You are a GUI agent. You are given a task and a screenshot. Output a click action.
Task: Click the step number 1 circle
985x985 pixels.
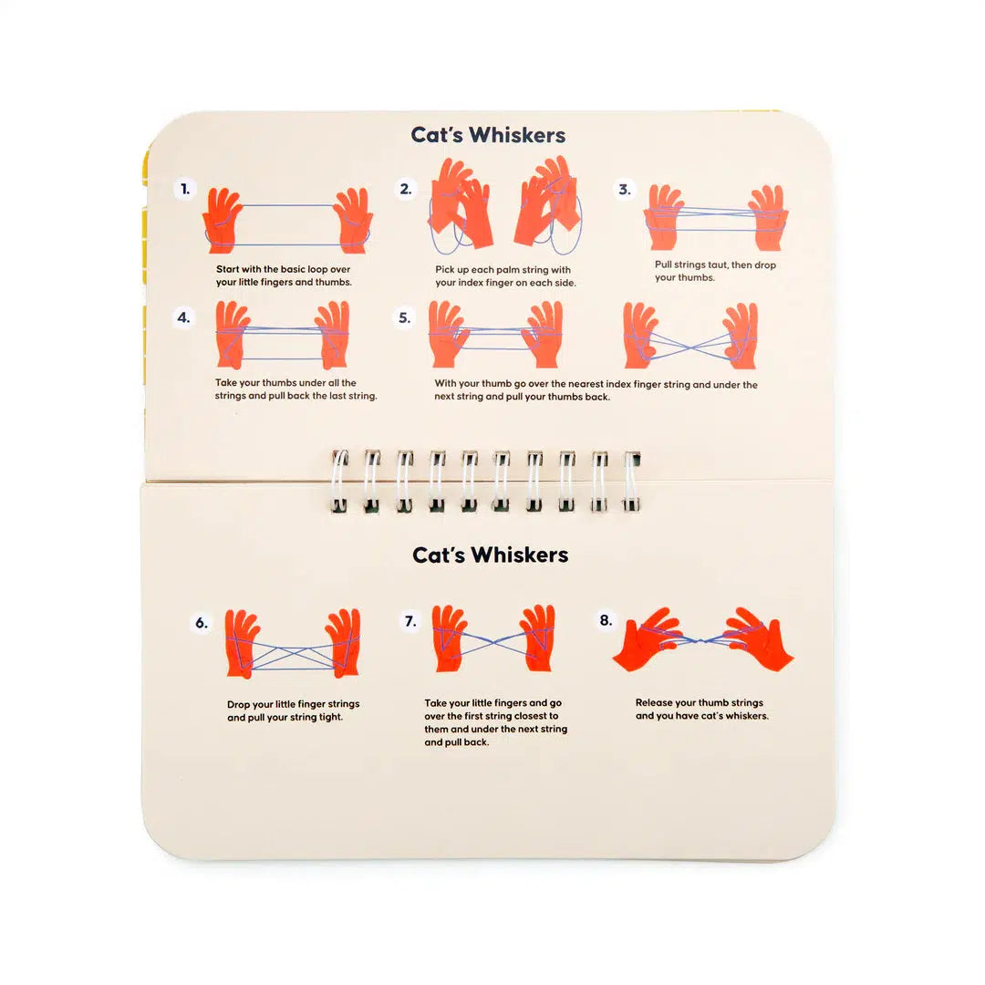click(x=185, y=189)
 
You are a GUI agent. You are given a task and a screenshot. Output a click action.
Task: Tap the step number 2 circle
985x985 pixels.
click(x=406, y=189)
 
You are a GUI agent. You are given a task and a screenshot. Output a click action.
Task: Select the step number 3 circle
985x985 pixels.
click(x=625, y=189)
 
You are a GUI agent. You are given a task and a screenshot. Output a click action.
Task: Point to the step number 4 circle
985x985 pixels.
click(x=184, y=317)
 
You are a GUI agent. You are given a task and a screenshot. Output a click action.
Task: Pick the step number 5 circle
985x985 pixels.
click(x=405, y=317)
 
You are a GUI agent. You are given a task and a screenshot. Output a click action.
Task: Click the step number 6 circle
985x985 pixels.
click(x=201, y=624)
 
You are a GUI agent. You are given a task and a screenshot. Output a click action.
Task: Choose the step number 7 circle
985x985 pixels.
click(x=410, y=622)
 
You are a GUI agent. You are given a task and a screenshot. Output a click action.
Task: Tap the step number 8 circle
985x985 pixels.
click(x=606, y=620)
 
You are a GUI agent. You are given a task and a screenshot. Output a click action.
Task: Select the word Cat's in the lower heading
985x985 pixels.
click(x=440, y=555)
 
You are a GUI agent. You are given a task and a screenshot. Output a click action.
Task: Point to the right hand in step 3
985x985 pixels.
click(x=768, y=217)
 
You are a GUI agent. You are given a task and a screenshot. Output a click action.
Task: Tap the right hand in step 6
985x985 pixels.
click(x=344, y=642)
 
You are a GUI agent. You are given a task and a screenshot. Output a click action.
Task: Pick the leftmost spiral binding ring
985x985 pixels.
click(x=339, y=481)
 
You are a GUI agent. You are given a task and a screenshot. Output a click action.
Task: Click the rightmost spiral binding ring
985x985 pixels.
click(x=631, y=481)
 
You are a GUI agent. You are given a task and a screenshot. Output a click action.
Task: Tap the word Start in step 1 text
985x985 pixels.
click(x=228, y=269)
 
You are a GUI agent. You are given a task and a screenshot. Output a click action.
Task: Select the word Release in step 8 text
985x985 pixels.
click(x=656, y=702)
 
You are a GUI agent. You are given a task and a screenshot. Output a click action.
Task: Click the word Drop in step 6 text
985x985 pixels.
click(x=240, y=704)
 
